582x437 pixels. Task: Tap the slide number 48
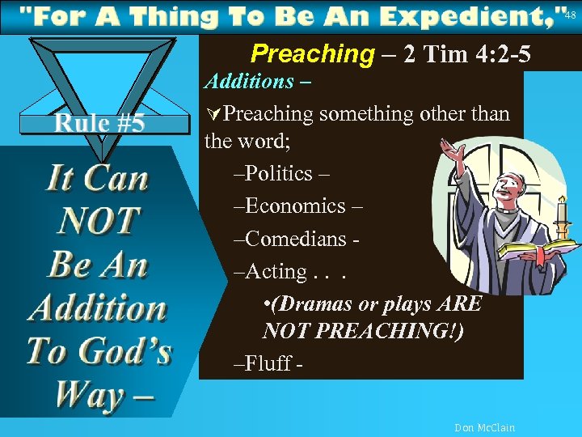click(571, 14)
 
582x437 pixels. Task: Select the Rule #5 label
click(99, 123)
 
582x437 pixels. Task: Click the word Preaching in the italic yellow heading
click(312, 54)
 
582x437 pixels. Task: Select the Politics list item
click(278, 173)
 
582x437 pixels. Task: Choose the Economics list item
click(294, 206)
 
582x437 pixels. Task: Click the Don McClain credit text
click(484, 427)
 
